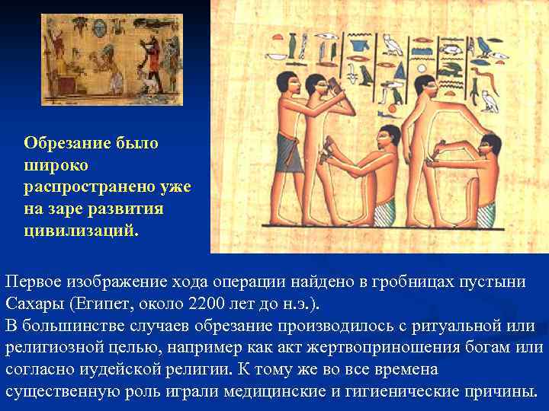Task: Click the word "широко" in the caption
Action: tap(56, 164)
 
